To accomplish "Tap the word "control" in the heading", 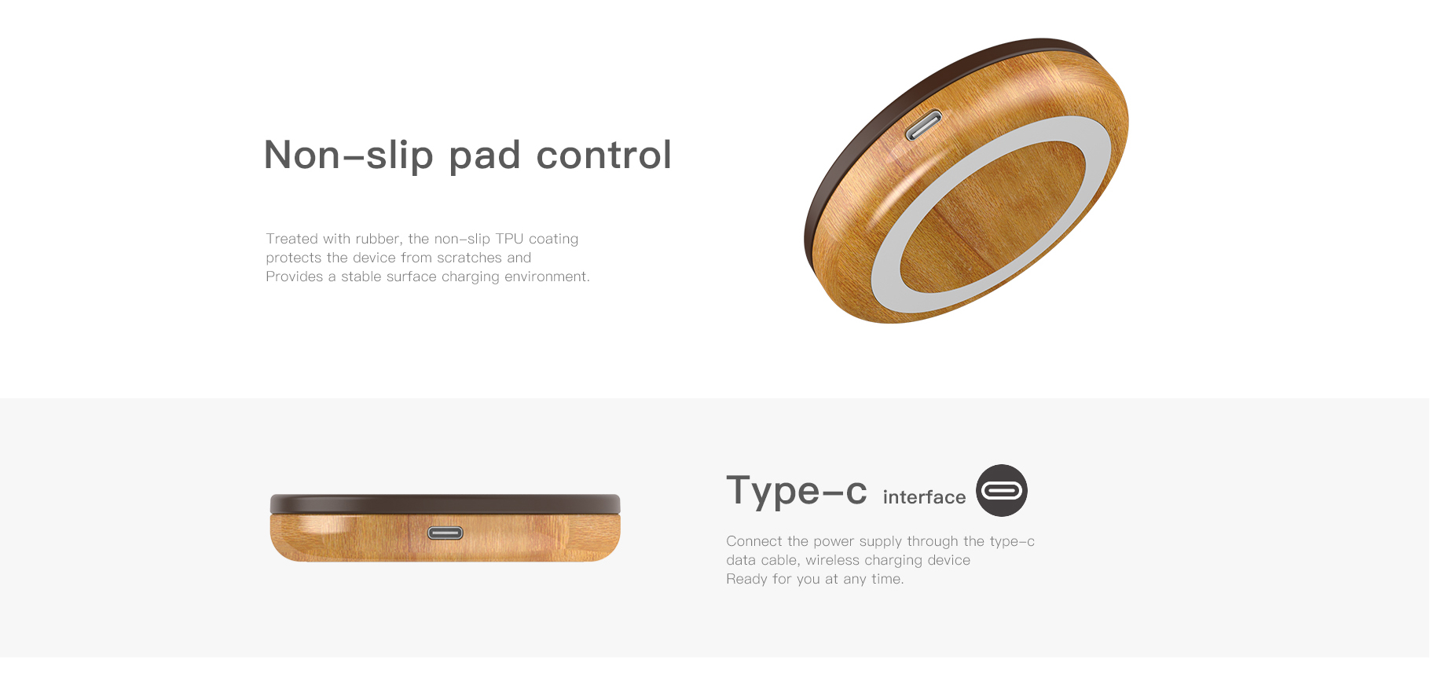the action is [603, 155].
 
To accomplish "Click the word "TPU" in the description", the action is [509, 239].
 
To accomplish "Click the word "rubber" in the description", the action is [378, 239].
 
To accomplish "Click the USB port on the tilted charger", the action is [923, 125].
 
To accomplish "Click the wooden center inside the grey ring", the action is [993, 216].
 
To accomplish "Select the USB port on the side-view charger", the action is [445, 533].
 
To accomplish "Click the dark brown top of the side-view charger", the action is [445, 503].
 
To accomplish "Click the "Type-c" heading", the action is [797, 492].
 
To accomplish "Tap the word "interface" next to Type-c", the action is [924, 497].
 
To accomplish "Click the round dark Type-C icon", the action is [1002, 491].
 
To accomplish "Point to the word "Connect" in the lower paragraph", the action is [754, 541].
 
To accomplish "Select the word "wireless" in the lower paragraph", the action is [833, 560].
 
